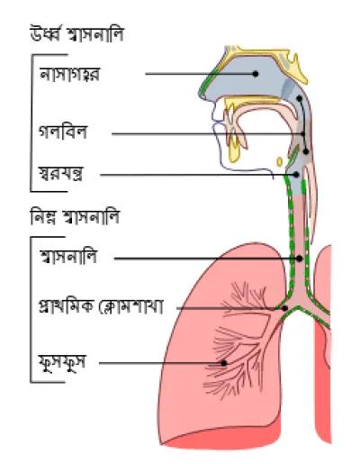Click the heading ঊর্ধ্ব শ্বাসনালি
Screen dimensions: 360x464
pos(76,34)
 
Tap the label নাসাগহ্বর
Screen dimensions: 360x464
pos(69,74)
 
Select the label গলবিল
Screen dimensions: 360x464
pos(63,132)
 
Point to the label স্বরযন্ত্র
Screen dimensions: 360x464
pos(61,174)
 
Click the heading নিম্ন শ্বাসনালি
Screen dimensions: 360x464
pos(75,217)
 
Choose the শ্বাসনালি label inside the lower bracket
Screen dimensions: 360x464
pos(68,257)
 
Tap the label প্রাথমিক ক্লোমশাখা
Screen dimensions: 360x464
pos(101,306)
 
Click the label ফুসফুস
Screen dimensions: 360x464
pos(62,363)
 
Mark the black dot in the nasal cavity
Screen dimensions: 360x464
pos(256,74)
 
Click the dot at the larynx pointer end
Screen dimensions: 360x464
pos(296,175)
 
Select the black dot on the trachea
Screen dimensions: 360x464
pos(300,259)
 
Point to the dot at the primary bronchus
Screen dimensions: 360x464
pos(284,308)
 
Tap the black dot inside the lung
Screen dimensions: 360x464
pos(224,363)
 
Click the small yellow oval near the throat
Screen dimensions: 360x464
pos(279,161)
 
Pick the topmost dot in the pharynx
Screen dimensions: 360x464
pos(299,98)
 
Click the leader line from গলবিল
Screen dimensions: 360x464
pos(208,134)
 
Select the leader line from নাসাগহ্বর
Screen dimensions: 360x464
pos(201,74)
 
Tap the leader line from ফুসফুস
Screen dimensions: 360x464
pos(161,363)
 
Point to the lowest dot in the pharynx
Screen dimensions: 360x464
pos(306,151)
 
